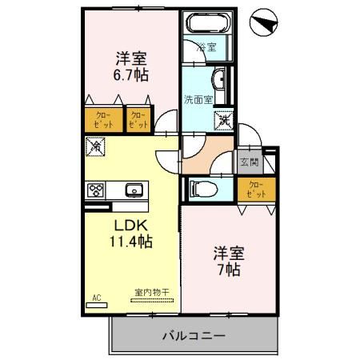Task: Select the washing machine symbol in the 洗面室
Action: pos(222,118)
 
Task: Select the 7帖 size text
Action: pos(229,270)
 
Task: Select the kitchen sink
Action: pos(133,190)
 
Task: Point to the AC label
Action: pos(96,298)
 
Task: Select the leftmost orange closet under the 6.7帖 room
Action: pos(104,120)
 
